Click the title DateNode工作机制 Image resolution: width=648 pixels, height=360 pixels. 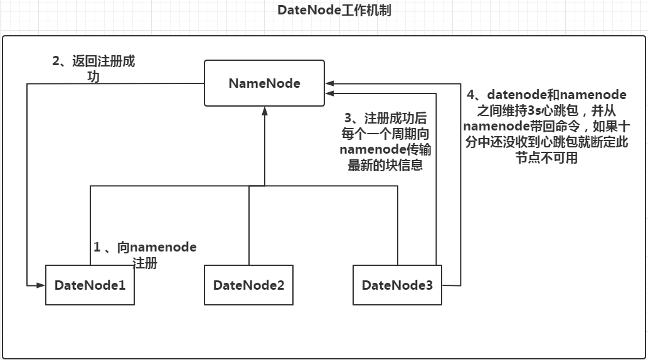pos(334,11)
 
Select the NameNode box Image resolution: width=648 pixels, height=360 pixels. pos(264,83)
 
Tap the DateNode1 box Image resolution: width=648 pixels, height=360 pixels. pos(90,285)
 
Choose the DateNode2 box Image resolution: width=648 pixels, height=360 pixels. pos(248,285)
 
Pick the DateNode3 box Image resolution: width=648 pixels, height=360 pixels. pos(397,285)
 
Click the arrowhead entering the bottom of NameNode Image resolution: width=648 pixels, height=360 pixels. pos(265,110)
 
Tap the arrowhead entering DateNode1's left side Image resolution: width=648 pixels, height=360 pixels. pos(41,285)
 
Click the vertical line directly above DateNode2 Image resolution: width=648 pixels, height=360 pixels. pos(249,226)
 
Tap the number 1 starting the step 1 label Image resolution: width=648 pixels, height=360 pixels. pos(97,247)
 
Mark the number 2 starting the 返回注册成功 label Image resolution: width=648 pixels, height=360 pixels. pos(56,61)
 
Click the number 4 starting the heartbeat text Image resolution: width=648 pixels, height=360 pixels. pos(471,95)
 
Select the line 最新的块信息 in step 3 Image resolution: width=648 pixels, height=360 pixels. pos(385,166)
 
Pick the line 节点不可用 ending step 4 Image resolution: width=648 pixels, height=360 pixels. pos(546,158)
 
